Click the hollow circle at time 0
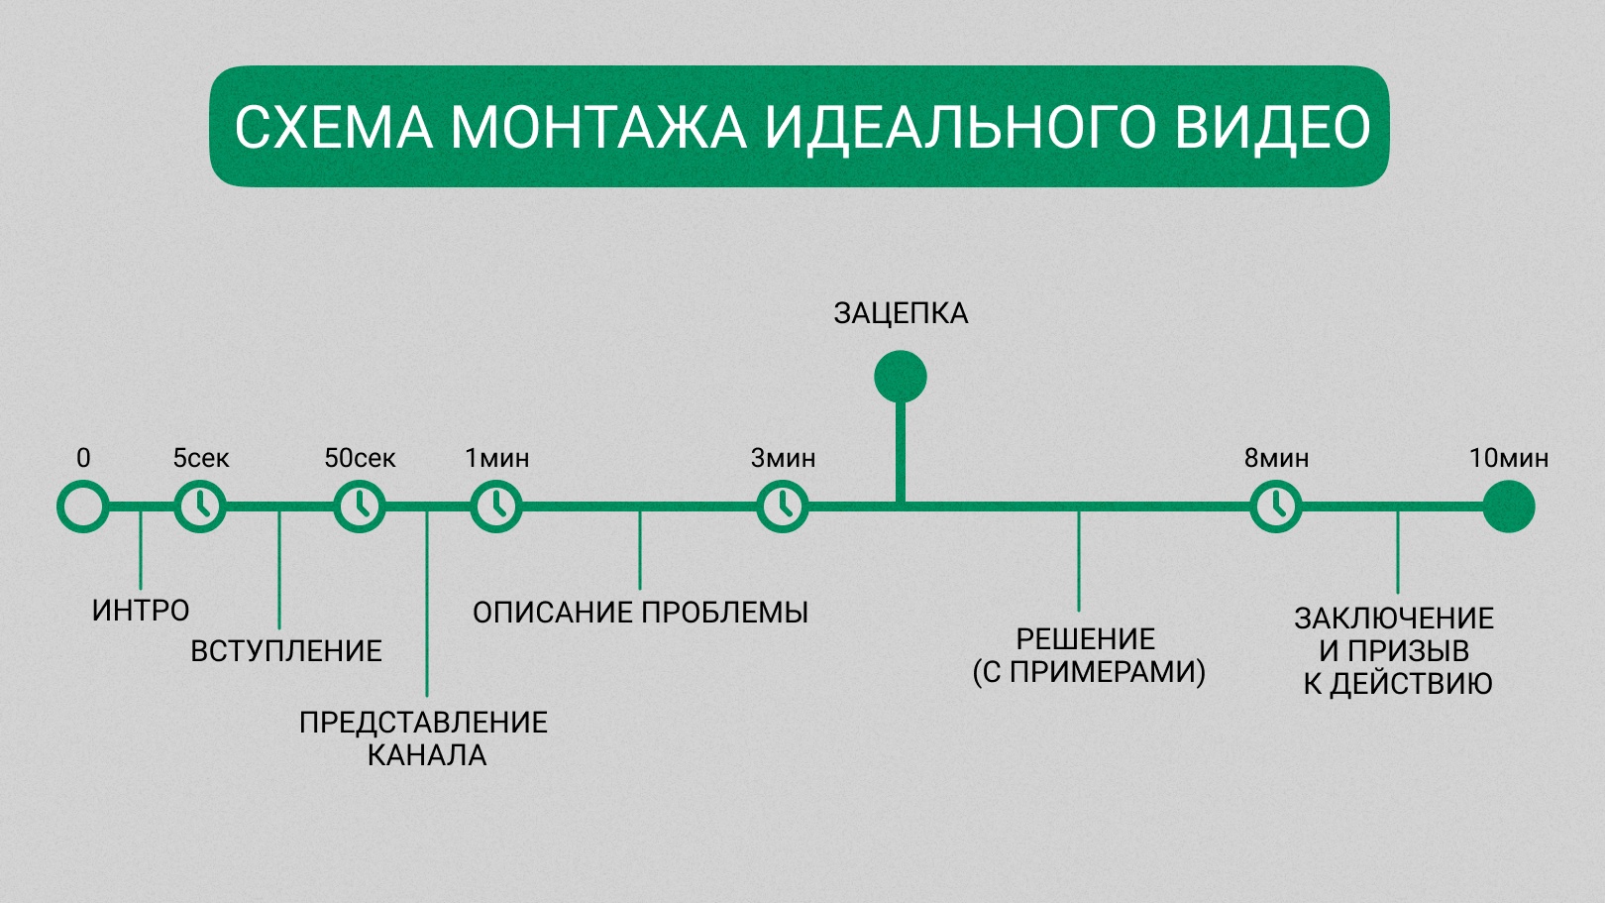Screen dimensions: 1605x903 (83, 507)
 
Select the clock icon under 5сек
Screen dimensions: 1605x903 (200, 507)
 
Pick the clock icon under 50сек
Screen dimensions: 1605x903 (360, 507)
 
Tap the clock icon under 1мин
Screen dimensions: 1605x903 (496, 507)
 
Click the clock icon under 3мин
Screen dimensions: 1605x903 (783, 507)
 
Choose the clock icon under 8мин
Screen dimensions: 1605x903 (1276, 507)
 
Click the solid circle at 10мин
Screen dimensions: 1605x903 (1509, 507)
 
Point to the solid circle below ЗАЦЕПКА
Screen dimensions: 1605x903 (901, 377)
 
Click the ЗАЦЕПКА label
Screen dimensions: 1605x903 (901, 314)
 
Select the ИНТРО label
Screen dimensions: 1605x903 (141, 611)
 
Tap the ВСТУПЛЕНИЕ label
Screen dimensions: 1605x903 (286, 650)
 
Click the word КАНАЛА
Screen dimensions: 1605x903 (427, 755)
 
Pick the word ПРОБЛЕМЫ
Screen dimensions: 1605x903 (724, 613)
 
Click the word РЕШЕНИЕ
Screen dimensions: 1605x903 (1086, 638)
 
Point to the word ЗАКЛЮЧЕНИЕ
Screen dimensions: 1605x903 (1394, 619)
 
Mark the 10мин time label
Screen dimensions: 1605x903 (1509, 459)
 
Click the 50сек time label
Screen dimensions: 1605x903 (360, 459)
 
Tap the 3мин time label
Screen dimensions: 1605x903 (783, 459)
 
